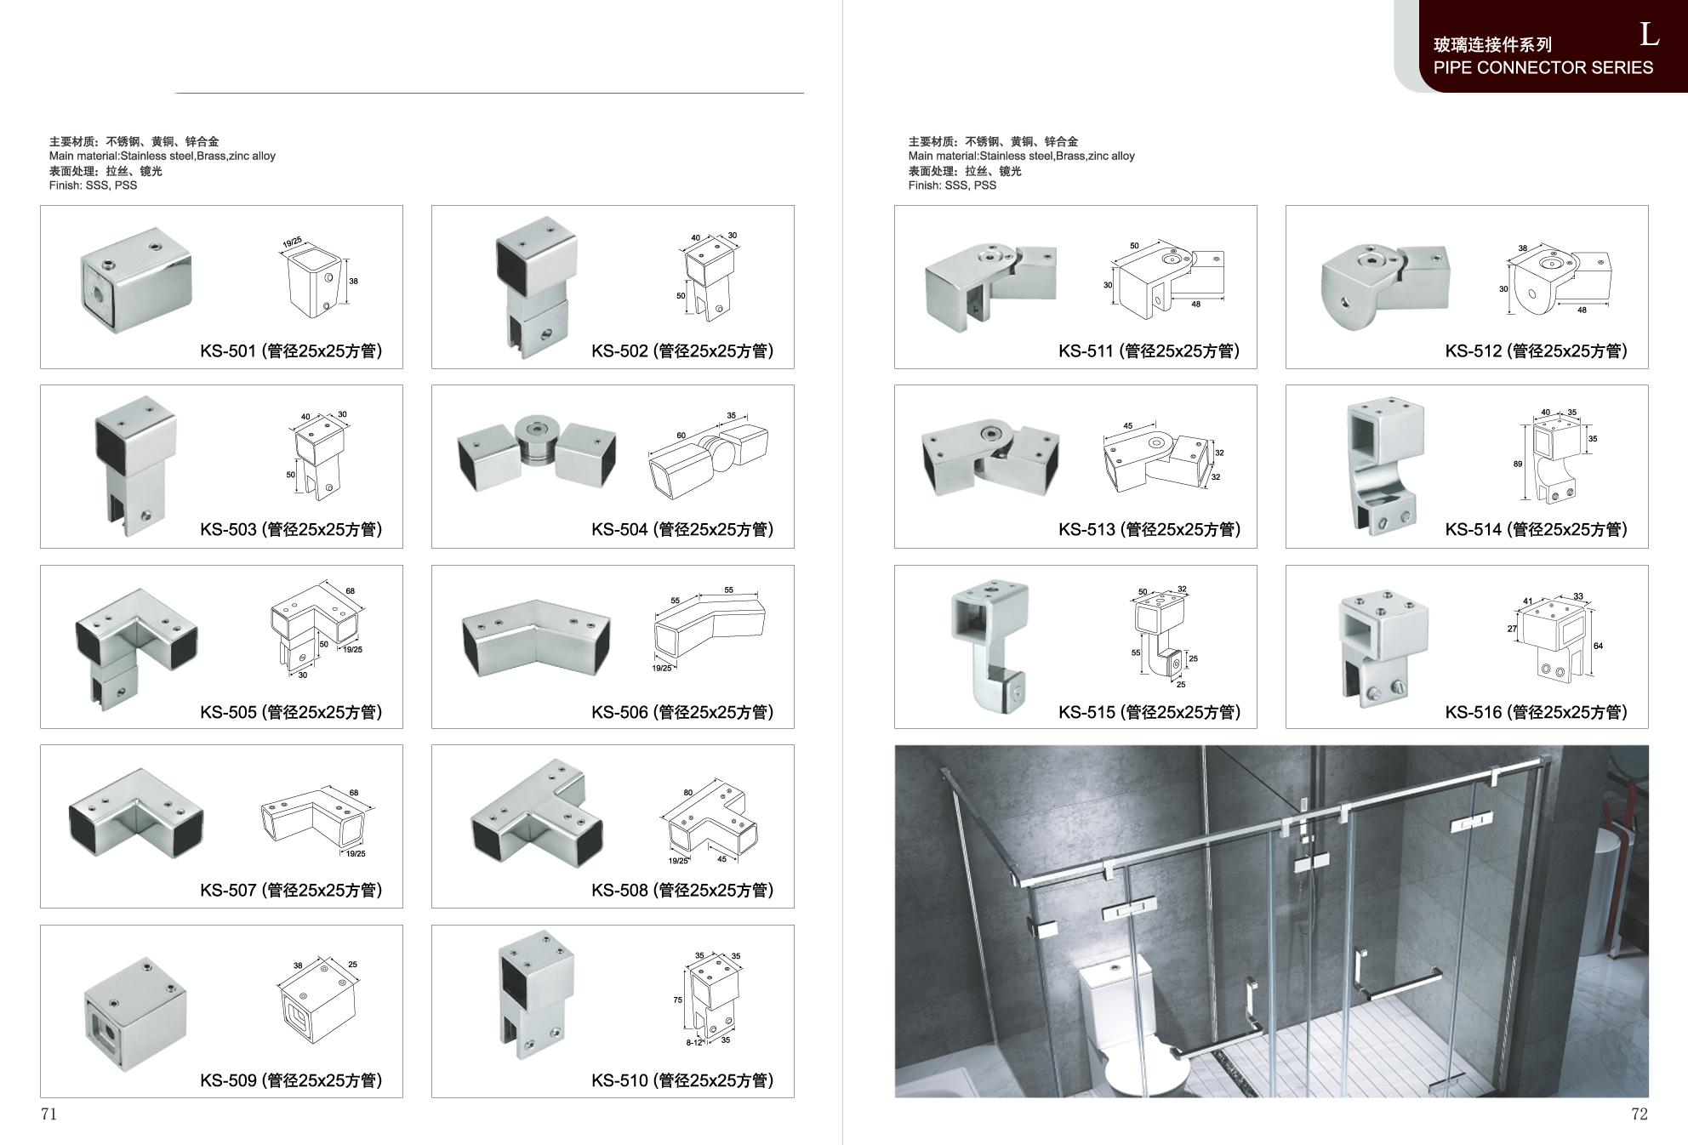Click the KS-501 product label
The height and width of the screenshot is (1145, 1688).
(291, 351)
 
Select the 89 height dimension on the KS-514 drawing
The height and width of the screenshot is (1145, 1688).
(1518, 464)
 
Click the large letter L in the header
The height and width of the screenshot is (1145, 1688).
(1649, 35)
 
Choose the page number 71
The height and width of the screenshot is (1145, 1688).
(48, 1114)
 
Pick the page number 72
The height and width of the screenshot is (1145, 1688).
(1639, 1114)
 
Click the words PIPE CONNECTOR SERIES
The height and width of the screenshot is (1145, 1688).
(1543, 68)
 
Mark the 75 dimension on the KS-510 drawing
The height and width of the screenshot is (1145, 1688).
(678, 1000)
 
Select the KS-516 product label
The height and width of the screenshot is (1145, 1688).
(1536, 713)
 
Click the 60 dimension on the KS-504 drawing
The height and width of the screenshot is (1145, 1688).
(681, 436)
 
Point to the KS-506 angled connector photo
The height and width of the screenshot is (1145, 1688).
(536, 639)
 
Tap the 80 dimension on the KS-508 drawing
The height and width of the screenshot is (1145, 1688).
(688, 793)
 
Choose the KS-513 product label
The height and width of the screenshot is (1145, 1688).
(1149, 530)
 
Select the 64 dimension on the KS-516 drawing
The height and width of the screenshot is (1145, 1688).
(1598, 646)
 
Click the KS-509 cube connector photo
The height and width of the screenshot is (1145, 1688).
(136, 1014)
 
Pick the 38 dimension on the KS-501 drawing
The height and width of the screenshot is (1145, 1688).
(354, 281)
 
